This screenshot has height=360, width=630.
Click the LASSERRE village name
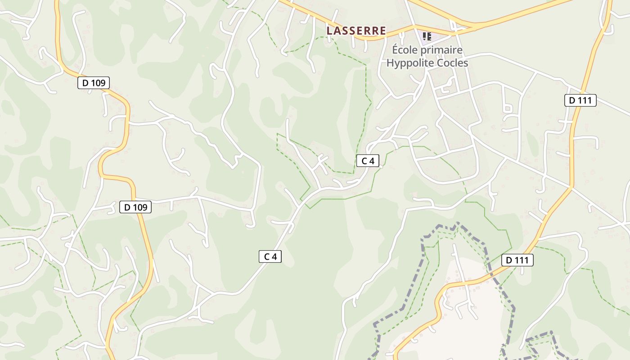click(x=356, y=31)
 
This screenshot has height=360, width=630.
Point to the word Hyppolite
click(x=410, y=63)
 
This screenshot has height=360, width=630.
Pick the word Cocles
click(x=453, y=63)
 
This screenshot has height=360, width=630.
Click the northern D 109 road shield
click(x=94, y=83)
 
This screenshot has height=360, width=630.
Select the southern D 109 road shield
click(x=135, y=207)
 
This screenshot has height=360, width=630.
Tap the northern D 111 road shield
click(x=580, y=100)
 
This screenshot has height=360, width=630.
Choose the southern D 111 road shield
click(x=517, y=260)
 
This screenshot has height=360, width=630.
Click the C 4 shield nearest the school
click(x=368, y=161)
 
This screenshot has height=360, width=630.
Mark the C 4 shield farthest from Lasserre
click(x=270, y=256)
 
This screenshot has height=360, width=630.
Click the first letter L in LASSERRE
click(x=330, y=31)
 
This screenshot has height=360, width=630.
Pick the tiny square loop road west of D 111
click(x=508, y=108)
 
